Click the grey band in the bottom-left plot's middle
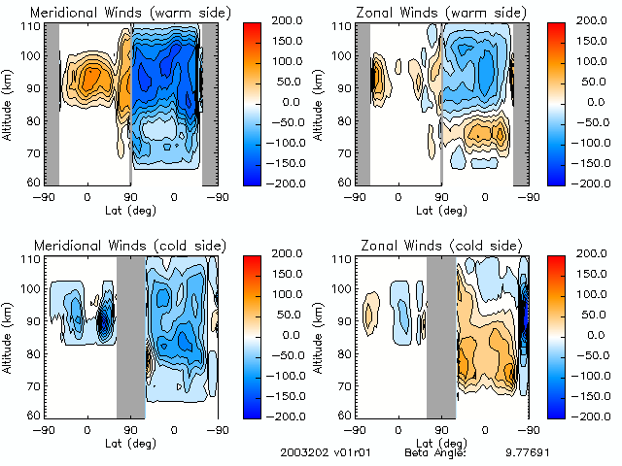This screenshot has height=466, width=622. coord(130,336)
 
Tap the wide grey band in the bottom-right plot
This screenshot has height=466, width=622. coord(440,336)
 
